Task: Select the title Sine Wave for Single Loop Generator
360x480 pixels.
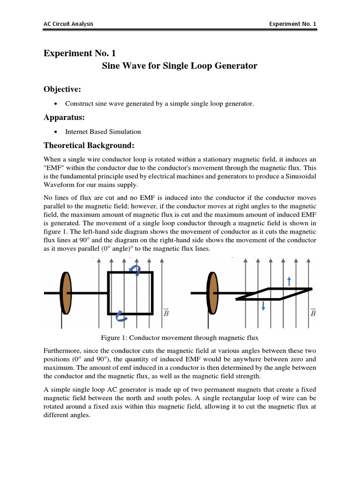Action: pyautogui.click(x=180, y=66)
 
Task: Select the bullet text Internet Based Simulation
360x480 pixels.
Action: pyautogui.click(x=103, y=132)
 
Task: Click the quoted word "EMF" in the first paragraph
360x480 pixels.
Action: pyautogui.click(x=54, y=168)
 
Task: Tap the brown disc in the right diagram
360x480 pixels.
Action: pyautogui.click(x=212, y=293)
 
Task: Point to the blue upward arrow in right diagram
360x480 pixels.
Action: pyautogui.click(x=289, y=280)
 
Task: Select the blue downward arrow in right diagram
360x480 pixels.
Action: pyautogui.click(x=263, y=306)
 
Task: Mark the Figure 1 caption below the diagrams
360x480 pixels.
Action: pyautogui.click(x=180, y=337)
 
